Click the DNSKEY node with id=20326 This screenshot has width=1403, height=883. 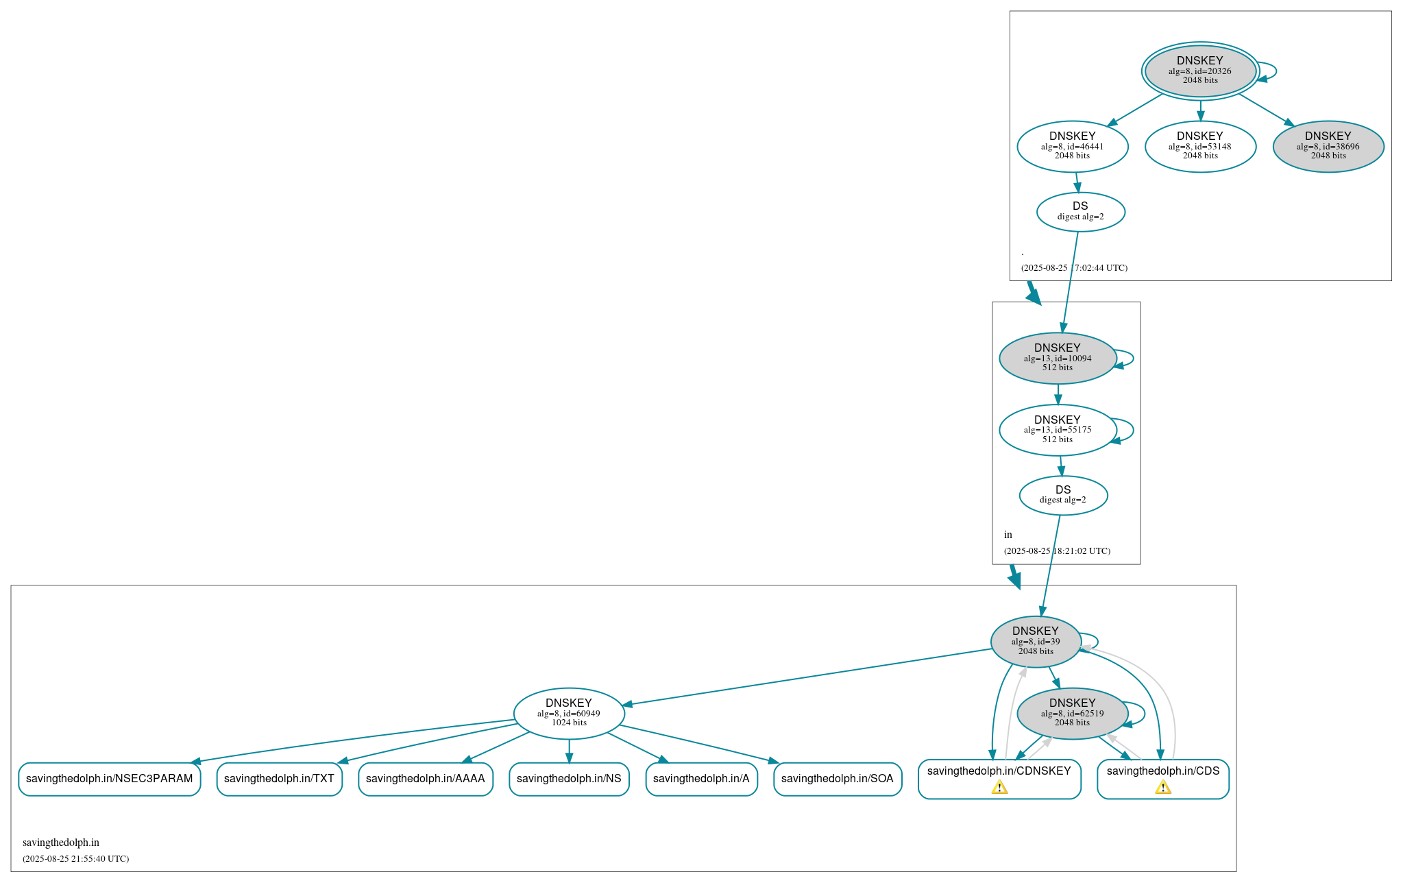1199,70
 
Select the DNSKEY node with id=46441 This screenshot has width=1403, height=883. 1072,146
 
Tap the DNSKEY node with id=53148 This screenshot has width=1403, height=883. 1199,146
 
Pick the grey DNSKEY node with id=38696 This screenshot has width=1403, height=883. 1328,146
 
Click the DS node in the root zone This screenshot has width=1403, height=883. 1080,212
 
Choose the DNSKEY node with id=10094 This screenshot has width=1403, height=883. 1057,358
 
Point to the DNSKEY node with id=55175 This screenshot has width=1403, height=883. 1057,430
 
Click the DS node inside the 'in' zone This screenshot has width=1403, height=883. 1062,495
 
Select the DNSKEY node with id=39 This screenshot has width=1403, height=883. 1035,642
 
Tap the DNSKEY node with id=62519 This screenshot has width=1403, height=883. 1072,713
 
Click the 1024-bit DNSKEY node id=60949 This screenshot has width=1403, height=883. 568,713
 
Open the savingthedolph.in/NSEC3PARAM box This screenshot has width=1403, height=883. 110,779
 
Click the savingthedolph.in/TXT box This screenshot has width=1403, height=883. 279,779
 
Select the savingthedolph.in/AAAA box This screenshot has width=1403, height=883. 425,779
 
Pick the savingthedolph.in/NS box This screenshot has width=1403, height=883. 568,779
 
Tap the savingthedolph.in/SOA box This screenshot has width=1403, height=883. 837,779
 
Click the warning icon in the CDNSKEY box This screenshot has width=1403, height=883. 999,787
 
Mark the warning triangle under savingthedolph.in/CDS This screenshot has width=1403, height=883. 1162,787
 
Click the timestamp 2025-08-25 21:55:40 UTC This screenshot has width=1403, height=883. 75,858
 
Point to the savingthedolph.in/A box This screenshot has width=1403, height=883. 700,779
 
